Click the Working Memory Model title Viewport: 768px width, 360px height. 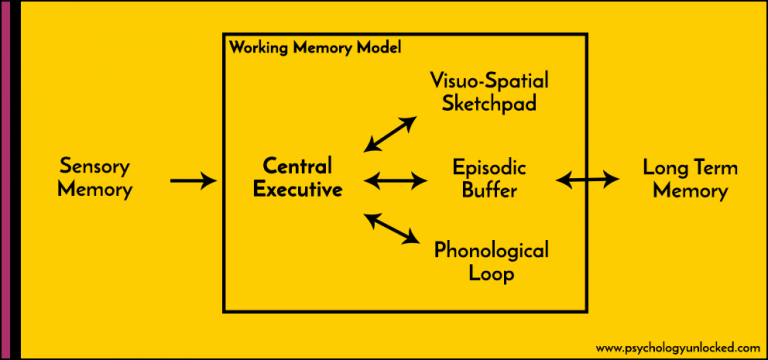(315, 47)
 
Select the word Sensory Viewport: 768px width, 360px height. (95, 166)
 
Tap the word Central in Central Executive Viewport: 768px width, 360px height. (297, 166)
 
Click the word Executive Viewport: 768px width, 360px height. (297, 190)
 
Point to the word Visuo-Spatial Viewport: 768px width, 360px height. (490, 80)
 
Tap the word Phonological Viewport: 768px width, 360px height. (491, 250)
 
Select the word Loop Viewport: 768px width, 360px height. (491, 274)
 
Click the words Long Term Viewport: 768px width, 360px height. (689, 166)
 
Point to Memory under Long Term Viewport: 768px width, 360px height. (689, 190)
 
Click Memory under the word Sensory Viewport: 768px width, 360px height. (95, 190)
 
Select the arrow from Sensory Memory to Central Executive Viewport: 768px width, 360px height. (193, 181)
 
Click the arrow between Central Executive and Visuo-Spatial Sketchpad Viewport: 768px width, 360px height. (391, 134)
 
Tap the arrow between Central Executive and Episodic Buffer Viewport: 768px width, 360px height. (394, 181)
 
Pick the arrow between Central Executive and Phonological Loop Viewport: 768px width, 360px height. (391, 227)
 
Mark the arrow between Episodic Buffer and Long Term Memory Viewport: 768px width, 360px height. (587, 180)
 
